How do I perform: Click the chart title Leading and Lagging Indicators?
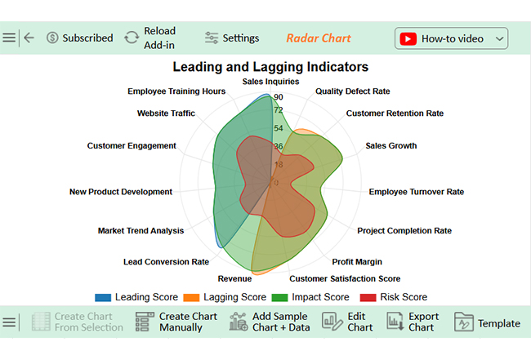point(270,67)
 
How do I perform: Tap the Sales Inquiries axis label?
point(270,82)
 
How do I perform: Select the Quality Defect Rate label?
point(353,91)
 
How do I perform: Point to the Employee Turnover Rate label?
point(416,192)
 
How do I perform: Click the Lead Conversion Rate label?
point(166,262)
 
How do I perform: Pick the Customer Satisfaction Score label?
point(345,279)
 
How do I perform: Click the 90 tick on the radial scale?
point(279,97)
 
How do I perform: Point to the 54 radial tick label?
point(279,128)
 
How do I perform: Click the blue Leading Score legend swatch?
point(103,297)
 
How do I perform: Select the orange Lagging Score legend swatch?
point(191,297)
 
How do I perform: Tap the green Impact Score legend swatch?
point(279,297)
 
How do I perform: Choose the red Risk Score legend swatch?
point(368,297)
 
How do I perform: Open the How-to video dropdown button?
point(451,38)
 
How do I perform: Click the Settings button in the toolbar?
point(232,38)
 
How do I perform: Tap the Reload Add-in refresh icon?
point(132,38)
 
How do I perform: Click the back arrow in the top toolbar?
point(29,38)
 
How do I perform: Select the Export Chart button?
point(413,322)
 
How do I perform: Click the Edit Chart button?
point(347,322)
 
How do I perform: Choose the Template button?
point(487,322)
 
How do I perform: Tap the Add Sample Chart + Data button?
point(270,322)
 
